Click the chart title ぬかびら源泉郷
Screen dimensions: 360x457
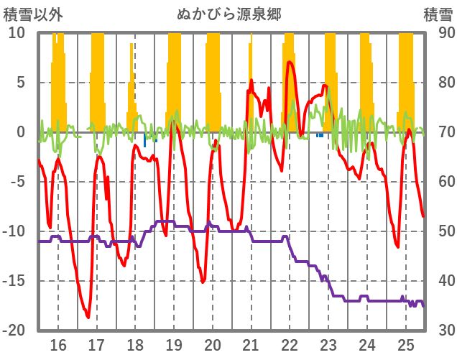(228, 14)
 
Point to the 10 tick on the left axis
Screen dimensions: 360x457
(17, 33)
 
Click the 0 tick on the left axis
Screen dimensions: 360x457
(21, 132)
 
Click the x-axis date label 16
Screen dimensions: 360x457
(57, 344)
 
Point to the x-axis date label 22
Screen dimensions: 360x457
(290, 344)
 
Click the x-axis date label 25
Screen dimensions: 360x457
(405, 344)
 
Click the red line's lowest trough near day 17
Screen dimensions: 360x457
(88, 317)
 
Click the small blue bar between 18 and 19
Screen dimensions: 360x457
(144, 139)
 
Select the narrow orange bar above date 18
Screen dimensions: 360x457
(133, 86)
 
